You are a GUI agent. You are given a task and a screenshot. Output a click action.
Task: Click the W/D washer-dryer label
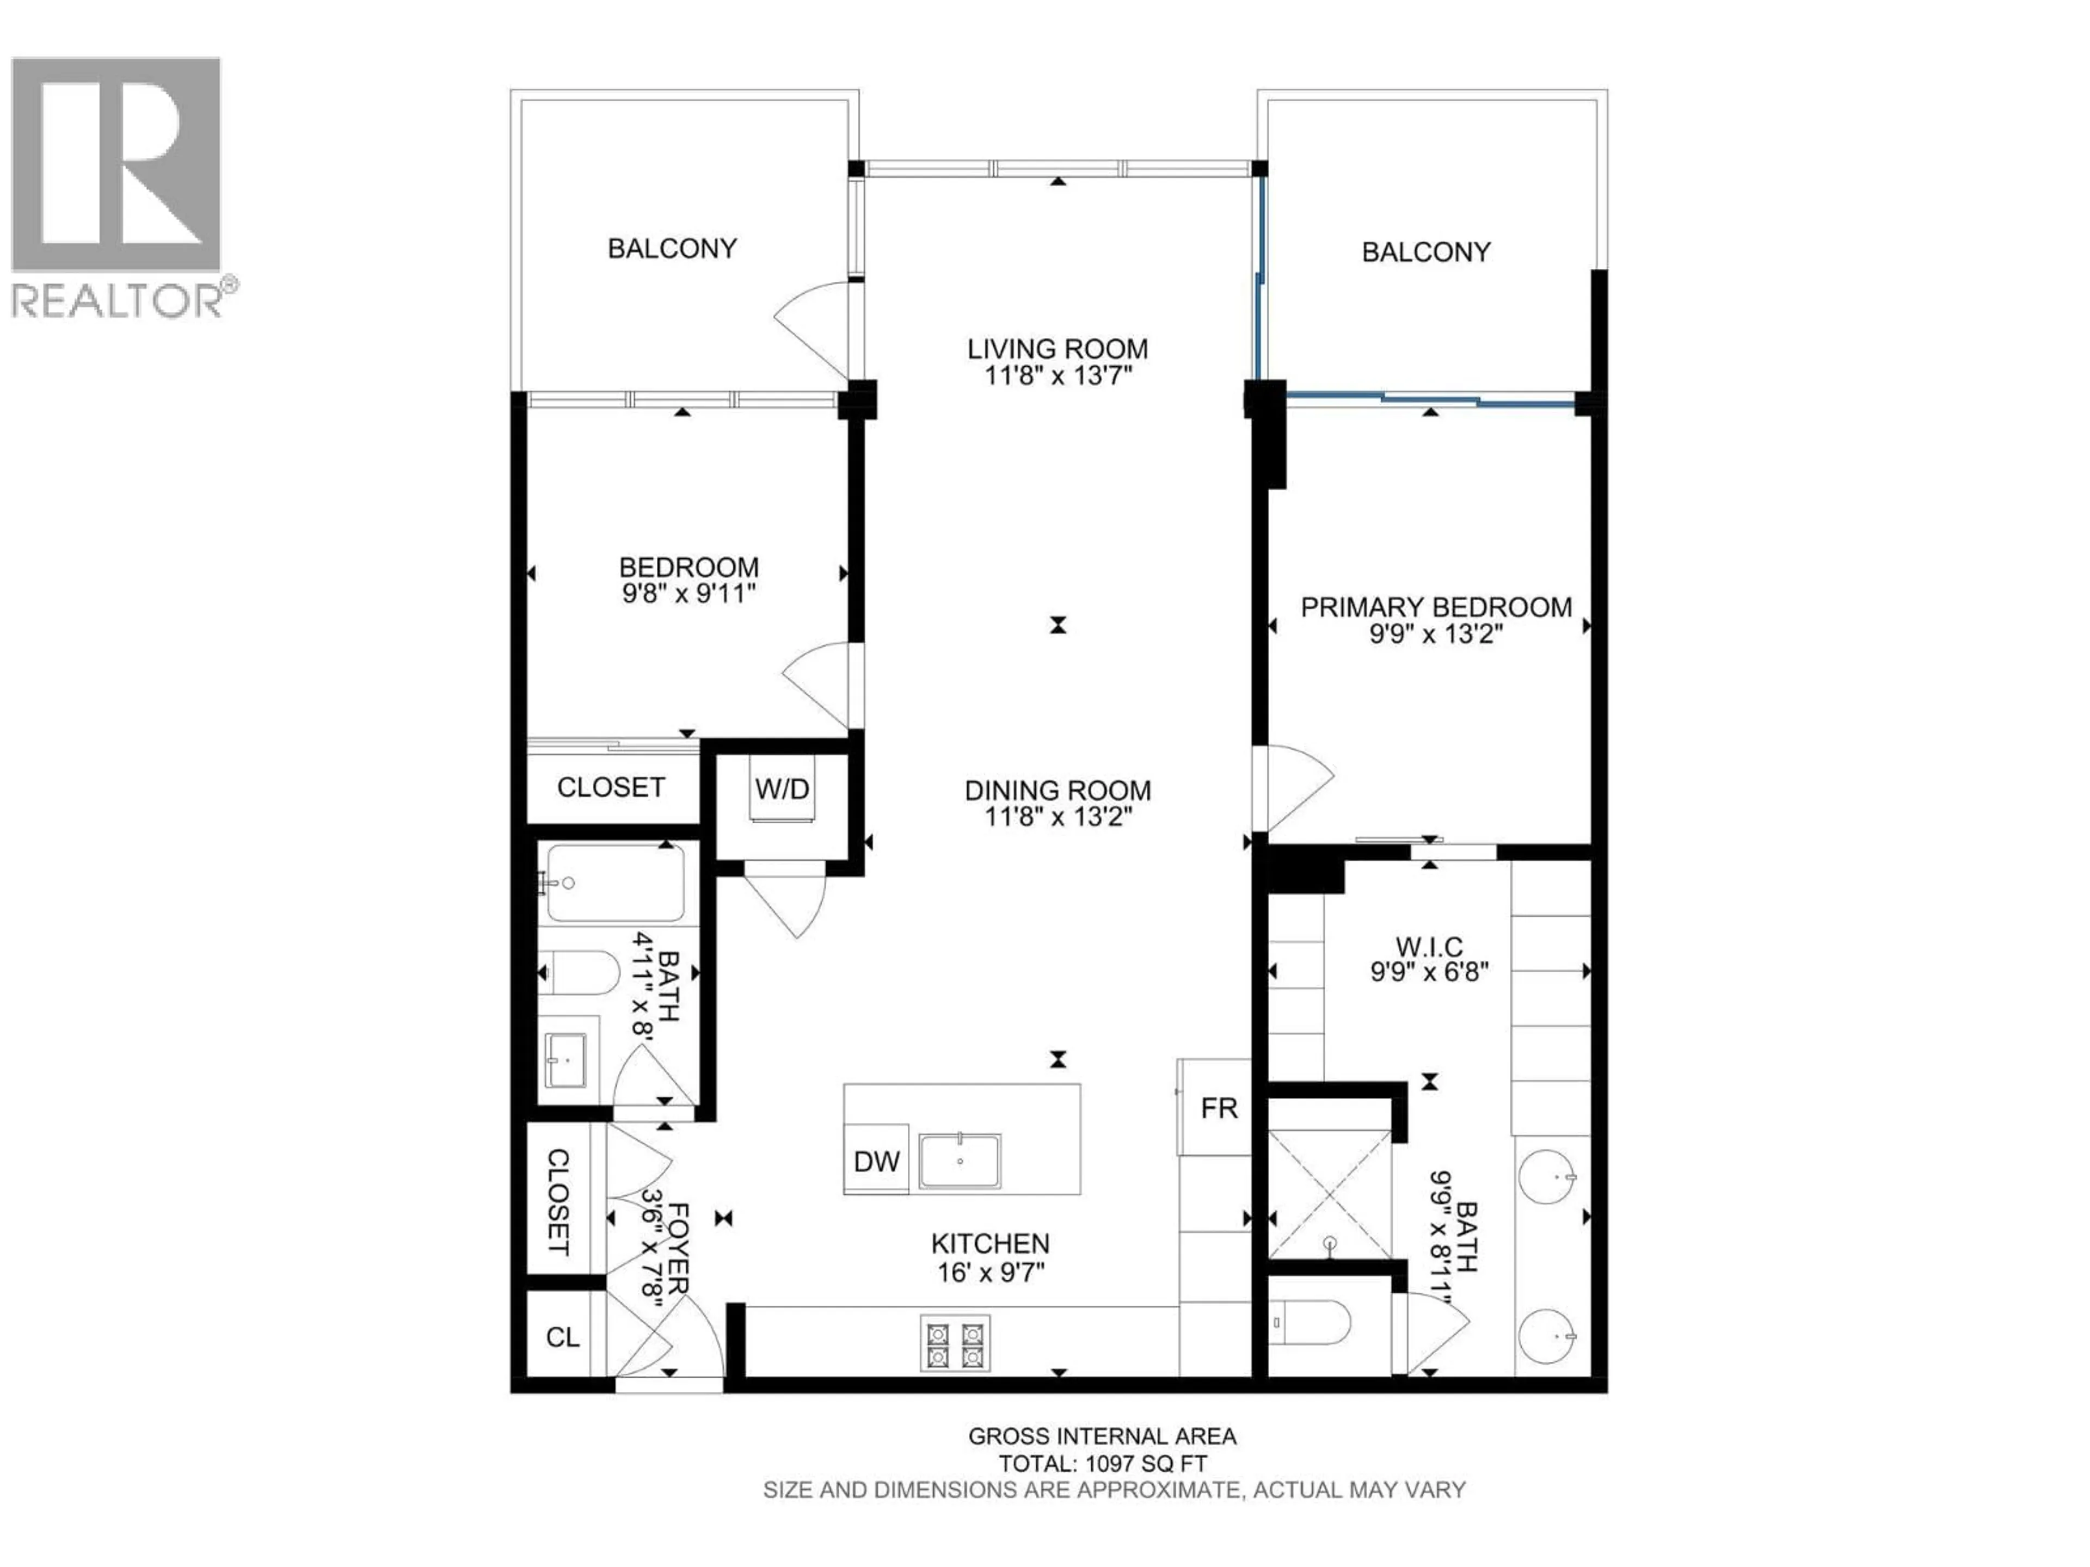tap(782, 789)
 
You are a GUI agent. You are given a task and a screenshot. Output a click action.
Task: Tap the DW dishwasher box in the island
tap(876, 1162)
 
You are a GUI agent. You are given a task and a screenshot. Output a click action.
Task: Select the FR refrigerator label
tap(1219, 1108)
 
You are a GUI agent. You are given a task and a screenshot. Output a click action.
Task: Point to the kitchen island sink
tap(960, 1162)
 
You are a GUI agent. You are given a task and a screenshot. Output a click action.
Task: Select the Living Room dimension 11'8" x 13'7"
tap(1058, 376)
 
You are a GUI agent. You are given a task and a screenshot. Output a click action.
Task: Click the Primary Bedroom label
tap(1435, 607)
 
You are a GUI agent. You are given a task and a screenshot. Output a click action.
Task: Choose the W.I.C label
tap(1429, 946)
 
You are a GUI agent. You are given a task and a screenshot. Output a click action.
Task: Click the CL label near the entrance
tap(563, 1337)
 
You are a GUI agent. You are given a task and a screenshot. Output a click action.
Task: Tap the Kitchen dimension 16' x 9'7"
tap(990, 1272)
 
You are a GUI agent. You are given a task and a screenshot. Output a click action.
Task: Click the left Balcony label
tap(672, 249)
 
